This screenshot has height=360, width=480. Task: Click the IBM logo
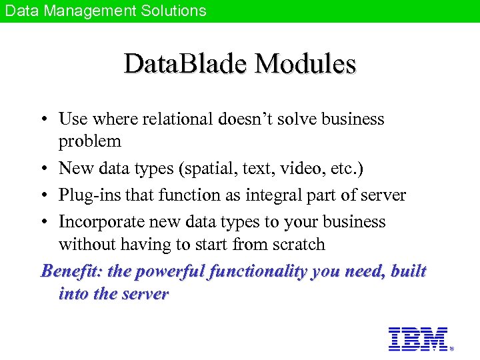pos(417,339)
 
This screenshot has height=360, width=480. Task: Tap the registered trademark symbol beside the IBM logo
pos(451,348)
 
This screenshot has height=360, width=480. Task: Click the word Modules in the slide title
pos(305,64)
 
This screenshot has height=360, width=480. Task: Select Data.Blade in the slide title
pos(186,64)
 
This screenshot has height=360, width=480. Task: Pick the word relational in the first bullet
pos(174,119)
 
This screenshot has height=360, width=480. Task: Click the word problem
pos(90,141)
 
